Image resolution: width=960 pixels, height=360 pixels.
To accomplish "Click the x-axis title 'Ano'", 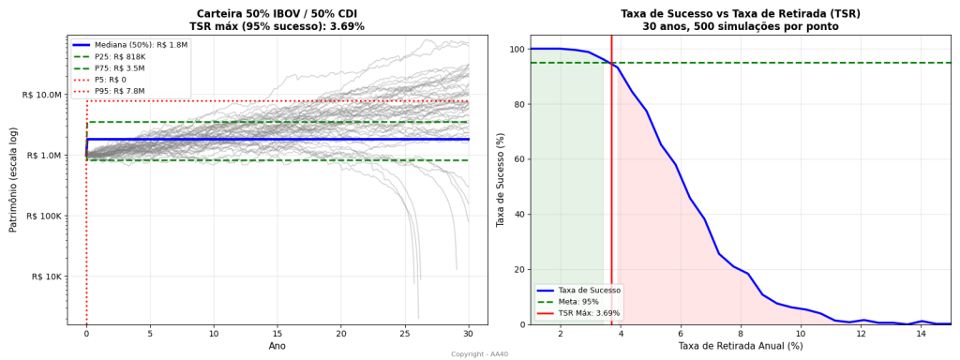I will click(x=277, y=346).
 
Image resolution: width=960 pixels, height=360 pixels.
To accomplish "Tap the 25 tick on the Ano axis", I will click(x=405, y=333).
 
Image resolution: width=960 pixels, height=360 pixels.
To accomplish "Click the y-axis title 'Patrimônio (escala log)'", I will click(x=14, y=180).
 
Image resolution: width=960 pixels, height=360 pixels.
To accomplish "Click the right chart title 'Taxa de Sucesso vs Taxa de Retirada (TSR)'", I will click(x=740, y=14).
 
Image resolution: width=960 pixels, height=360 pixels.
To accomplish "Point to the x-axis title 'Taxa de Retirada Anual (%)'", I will click(x=740, y=346).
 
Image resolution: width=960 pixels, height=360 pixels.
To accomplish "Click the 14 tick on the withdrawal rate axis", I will click(x=921, y=333).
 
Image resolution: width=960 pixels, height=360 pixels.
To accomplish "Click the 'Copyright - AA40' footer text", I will click(x=479, y=354).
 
